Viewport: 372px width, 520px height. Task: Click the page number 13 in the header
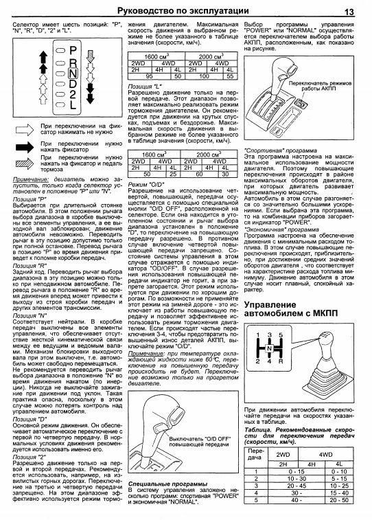click(x=349, y=12)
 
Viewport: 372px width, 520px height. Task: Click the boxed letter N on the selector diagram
click(x=73, y=73)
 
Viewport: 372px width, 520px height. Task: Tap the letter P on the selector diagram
click(x=73, y=51)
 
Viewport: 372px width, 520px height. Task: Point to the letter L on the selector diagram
click(x=73, y=104)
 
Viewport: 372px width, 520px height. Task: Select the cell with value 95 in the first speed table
click(x=150, y=76)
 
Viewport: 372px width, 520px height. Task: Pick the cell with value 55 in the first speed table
click(x=230, y=76)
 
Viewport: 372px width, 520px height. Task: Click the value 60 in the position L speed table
click(x=199, y=174)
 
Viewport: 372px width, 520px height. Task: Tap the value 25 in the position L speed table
click(x=173, y=174)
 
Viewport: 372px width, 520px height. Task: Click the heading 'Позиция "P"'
click(x=30, y=199)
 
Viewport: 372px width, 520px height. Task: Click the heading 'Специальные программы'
click(x=168, y=484)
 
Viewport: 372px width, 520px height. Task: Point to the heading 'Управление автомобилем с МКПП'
click(x=291, y=308)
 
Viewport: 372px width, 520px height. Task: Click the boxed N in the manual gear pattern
click(x=269, y=348)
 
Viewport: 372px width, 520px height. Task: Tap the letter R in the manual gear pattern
click(x=281, y=361)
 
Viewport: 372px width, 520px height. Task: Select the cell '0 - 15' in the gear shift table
click(x=296, y=472)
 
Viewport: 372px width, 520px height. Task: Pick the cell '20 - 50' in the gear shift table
click(x=339, y=500)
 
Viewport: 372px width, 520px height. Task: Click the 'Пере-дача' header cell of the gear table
click(x=256, y=454)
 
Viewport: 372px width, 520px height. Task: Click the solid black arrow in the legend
click(x=25, y=147)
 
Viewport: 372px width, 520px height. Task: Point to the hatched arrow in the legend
click(x=25, y=163)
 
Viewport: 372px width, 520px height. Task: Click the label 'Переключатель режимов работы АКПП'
click(x=319, y=86)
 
